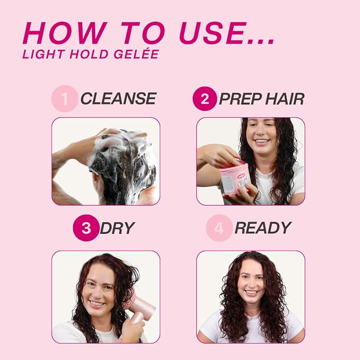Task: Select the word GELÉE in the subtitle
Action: click(x=136, y=54)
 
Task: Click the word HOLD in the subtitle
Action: click(x=89, y=54)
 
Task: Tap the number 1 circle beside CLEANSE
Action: click(x=65, y=99)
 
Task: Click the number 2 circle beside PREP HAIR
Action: click(x=205, y=99)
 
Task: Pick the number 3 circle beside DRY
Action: click(x=86, y=228)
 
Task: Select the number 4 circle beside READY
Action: click(x=219, y=228)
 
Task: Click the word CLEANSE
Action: click(x=118, y=99)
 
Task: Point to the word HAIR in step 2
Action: click(x=285, y=99)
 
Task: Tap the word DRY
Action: click(x=117, y=228)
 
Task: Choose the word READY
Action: click(x=263, y=228)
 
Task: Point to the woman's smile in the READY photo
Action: click(x=251, y=293)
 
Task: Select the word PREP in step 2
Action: click(x=240, y=99)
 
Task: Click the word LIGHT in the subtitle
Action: click(x=43, y=54)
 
